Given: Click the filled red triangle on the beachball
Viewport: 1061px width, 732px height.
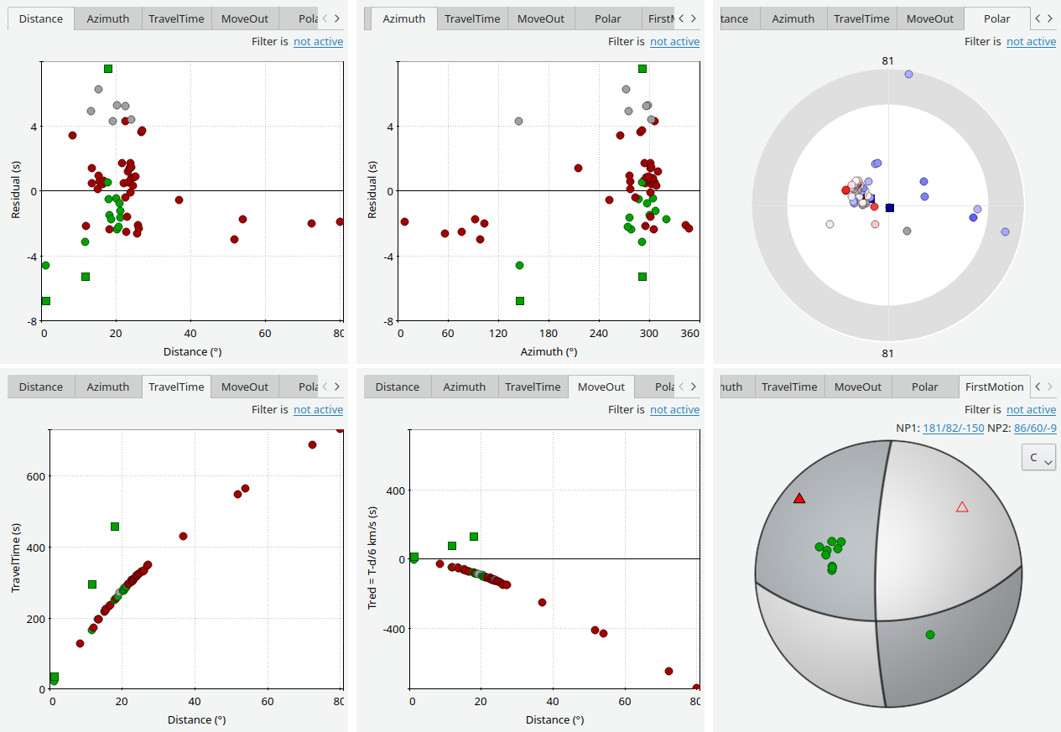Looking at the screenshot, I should coord(799,498).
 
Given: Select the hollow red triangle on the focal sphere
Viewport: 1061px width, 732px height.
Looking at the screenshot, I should coord(962,506).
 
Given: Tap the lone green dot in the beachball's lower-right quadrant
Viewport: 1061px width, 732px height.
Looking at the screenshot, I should coord(930,635).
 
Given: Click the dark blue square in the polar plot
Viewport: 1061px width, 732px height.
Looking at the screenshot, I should coord(890,207).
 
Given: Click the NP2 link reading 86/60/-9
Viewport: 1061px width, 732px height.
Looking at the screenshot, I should coord(1034,428).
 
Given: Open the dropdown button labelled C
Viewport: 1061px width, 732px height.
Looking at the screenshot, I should coord(1038,458).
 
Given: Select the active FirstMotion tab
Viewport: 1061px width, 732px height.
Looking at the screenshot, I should coord(994,387).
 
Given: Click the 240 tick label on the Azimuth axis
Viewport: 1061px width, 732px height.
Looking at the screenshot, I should coord(599,334).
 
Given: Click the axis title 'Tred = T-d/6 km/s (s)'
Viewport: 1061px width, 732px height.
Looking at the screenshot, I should coord(373,559).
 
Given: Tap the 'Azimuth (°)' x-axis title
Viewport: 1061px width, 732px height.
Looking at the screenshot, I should coord(549,352).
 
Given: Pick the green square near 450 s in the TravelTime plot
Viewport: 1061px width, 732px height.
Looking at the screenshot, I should coord(115,527).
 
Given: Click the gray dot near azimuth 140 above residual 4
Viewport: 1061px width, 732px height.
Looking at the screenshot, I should coord(518,122).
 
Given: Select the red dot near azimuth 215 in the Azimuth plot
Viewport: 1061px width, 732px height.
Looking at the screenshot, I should coord(578,168).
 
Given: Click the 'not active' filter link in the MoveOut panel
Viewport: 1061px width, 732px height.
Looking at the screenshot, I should coord(674,409).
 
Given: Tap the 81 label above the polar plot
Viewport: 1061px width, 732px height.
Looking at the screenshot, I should coord(887,60).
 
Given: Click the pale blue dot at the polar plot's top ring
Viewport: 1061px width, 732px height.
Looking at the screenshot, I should coord(908,75).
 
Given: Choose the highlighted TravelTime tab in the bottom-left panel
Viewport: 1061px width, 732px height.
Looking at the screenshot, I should coord(176,387).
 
